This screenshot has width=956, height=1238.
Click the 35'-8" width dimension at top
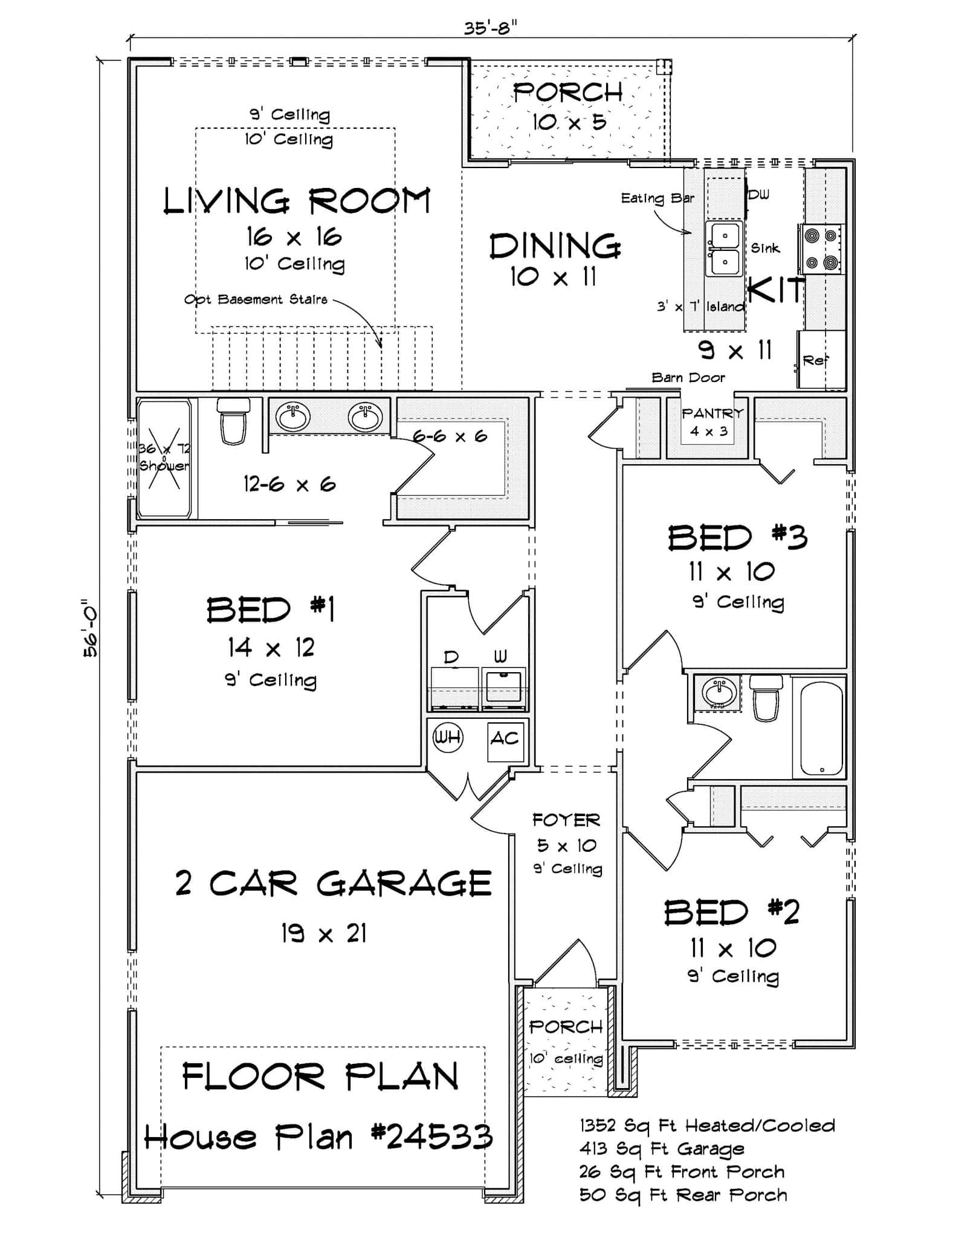click(x=491, y=28)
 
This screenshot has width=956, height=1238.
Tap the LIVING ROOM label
click(x=297, y=201)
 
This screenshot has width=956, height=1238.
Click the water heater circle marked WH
click(x=448, y=737)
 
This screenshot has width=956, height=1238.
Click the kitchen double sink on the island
click(x=724, y=249)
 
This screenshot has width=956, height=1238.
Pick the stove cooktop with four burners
click(x=822, y=248)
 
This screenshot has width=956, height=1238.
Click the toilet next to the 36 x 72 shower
click(x=233, y=420)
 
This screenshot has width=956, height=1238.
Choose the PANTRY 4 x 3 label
click(x=712, y=421)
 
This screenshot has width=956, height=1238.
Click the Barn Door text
click(x=688, y=378)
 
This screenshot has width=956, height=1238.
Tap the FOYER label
click(x=566, y=820)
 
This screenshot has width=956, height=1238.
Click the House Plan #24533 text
click(x=318, y=1138)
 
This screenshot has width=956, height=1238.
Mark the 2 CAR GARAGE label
click(x=333, y=884)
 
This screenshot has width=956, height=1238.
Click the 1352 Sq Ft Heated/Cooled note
click(x=707, y=1126)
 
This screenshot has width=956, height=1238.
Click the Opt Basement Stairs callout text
click(x=256, y=299)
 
